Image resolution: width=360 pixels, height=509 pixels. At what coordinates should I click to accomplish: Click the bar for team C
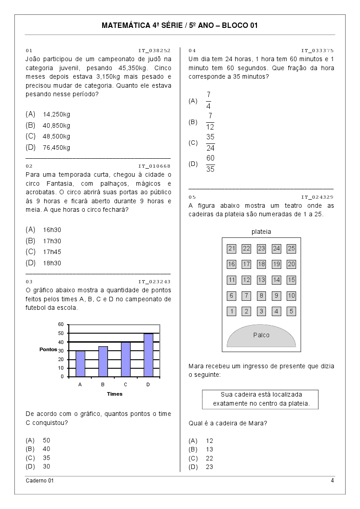[x=126, y=359]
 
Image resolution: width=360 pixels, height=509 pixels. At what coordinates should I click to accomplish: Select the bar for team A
[x=80, y=363]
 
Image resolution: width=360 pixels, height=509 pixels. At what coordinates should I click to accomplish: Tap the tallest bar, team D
[x=148, y=355]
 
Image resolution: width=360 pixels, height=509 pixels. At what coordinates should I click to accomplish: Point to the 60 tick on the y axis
[x=61, y=324]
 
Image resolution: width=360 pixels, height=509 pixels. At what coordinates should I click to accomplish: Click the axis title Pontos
[x=48, y=349]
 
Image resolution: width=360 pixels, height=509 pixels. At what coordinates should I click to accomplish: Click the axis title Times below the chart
[x=114, y=394]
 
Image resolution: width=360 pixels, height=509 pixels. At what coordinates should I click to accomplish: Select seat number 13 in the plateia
[x=261, y=280]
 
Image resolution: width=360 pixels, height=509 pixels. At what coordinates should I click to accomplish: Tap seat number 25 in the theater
[x=291, y=249]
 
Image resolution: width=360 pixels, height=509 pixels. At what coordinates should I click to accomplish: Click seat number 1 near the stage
[x=231, y=311]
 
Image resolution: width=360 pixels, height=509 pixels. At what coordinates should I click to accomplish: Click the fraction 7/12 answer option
[x=210, y=122]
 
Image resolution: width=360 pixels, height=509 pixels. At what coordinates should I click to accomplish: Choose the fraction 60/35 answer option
[x=210, y=164]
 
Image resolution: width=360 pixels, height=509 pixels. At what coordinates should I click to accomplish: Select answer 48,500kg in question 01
[x=57, y=136]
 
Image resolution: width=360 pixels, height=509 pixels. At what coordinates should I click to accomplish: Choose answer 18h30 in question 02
[x=52, y=263]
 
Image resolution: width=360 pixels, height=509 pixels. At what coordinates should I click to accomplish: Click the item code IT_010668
[x=154, y=166]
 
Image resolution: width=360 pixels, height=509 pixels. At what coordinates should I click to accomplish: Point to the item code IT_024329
[x=317, y=197]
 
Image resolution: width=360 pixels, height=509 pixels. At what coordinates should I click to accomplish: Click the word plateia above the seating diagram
[x=261, y=232]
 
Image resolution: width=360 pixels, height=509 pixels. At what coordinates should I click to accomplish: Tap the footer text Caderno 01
[x=40, y=481]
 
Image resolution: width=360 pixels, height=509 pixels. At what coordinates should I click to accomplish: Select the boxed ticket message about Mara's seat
[x=261, y=399]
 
